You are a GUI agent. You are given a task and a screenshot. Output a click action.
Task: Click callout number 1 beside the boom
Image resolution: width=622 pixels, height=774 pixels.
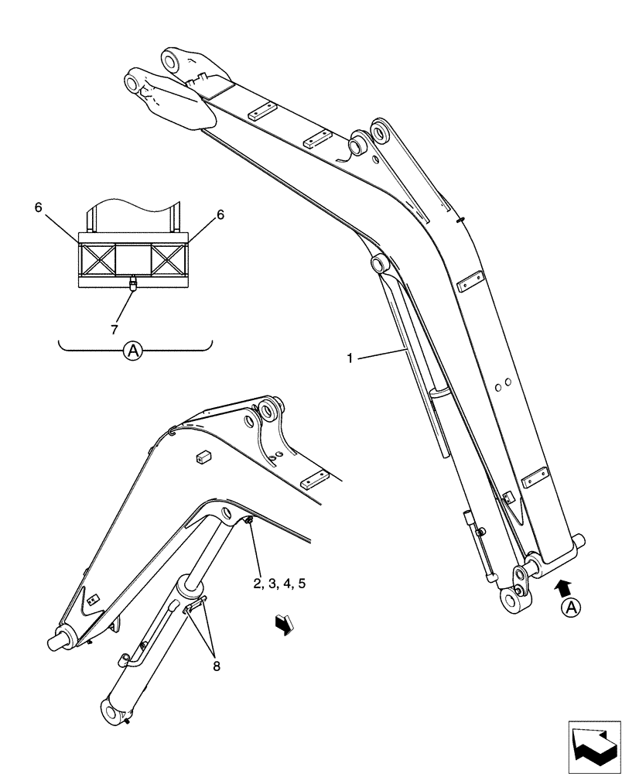(350, 358)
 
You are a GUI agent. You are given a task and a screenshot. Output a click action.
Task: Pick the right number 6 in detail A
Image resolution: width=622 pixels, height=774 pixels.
(220, 215)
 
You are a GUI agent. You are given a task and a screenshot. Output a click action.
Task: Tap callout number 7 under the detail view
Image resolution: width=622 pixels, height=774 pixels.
(114, 330)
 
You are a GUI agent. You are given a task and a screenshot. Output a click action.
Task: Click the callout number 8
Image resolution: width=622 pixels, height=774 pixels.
(216, 664)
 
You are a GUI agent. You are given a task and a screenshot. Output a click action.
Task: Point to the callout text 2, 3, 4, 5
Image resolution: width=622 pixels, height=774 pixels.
(279, 583)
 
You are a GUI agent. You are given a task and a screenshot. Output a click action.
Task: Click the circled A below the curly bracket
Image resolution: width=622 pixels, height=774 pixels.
(134, 352)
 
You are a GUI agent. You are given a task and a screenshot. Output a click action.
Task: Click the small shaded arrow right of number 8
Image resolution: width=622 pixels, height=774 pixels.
(284, 624)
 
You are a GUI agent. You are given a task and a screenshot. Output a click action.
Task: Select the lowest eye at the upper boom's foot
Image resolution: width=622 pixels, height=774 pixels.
(511, 600)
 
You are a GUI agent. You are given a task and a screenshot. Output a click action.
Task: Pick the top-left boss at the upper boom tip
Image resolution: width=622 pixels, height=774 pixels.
(135, 80)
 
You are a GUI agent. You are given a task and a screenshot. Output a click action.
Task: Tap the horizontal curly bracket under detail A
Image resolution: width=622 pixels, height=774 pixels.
(135, 344)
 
